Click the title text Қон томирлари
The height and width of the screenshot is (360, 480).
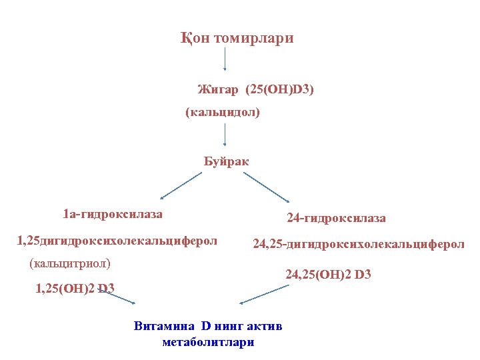tap(237, 39)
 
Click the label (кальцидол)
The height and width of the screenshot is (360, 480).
tap(223, 113)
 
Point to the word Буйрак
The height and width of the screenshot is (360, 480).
tap(226, 161)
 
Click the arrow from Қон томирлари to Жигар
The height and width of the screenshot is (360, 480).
tap(225, 60)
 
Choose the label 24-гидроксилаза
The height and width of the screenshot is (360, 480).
tap(336, 218)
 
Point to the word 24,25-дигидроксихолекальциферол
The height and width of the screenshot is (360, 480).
tap(359, 245)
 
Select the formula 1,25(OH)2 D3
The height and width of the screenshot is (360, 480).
tap(75, 288)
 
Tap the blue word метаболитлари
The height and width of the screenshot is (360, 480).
tap(208, 342)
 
